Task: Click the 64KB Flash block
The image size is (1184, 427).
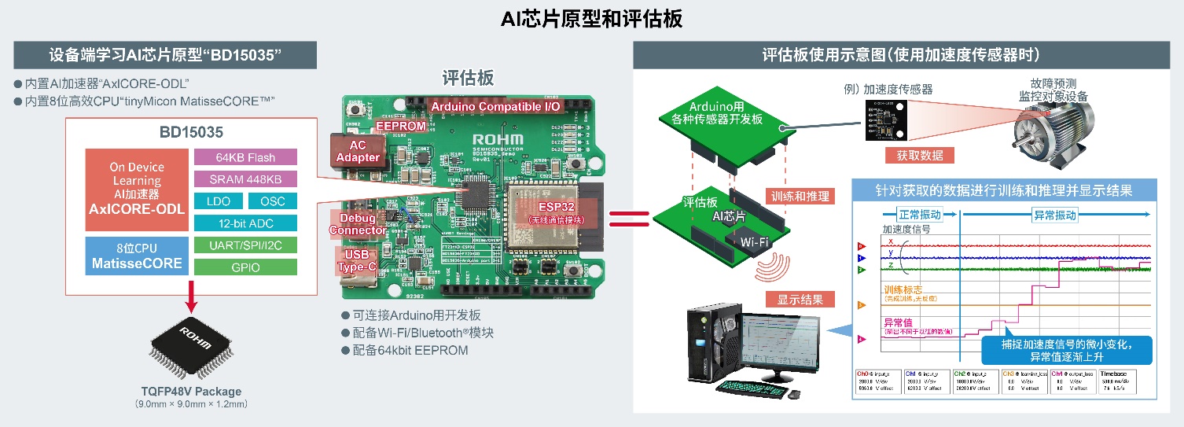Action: pos(245,157)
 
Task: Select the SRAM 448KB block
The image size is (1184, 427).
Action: pos(245,179)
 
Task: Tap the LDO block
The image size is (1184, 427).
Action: pos(219,201)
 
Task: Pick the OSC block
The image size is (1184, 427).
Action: pos(273,201)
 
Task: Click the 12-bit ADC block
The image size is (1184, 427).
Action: pos(245,223)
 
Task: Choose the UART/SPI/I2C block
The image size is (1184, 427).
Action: pos(245,245)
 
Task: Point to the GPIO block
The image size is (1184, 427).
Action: pos(245,267)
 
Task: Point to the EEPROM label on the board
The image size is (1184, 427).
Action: pos(400,126)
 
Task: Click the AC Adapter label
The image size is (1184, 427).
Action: pos(358,151)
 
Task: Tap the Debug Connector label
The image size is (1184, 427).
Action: pos(358,223)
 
